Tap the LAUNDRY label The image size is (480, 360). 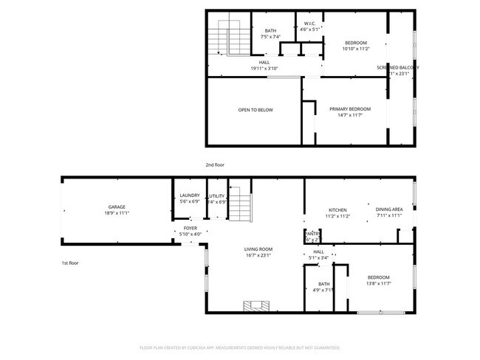click(x=190, y=195)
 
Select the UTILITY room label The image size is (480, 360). click(x=217, y=195)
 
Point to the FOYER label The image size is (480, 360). click(x=191, y=229)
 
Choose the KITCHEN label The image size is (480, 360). click(x=337, y=210)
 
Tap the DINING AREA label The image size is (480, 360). click(x=389, y=210)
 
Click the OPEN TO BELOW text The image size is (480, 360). click(x=255, y=110)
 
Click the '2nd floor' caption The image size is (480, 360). click(x=214, y=165)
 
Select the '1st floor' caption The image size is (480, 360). click(x=69, y=263)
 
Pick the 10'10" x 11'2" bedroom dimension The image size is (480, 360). click(x=356, y=49)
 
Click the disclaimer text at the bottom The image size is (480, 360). click(x=239, y=347)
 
